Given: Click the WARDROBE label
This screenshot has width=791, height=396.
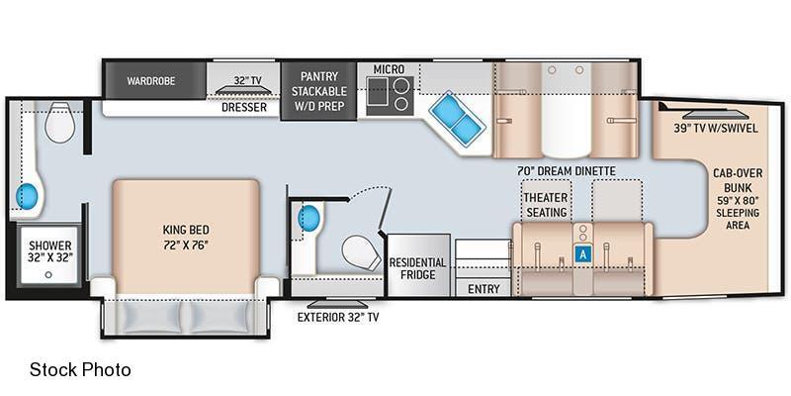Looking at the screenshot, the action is [151, 81].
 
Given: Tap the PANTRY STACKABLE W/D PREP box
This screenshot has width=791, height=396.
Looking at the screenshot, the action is [318, 91].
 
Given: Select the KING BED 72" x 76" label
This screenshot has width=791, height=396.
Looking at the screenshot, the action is [186, 237].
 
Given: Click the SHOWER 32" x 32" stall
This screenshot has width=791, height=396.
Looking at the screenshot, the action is [49, 256].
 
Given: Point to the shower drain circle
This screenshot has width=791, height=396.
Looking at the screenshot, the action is [48, 275].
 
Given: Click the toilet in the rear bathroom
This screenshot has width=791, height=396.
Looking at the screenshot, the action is [59, 122].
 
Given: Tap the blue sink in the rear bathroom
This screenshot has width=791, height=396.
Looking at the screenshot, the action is [27, 196].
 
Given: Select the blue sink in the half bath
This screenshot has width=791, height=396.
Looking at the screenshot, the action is [309, 218].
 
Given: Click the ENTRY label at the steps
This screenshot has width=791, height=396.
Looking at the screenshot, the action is [483, 289].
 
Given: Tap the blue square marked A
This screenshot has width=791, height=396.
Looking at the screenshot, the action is [583, 254].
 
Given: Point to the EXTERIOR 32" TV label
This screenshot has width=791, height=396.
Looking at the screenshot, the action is [338, 318].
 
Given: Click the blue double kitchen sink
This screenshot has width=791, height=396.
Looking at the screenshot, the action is [457, 119].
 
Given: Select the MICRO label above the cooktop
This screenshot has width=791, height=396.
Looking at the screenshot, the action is [389, 68].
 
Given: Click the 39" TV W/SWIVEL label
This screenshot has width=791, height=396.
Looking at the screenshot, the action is [715, 129].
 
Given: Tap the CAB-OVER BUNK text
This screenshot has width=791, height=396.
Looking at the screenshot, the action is [738, 180].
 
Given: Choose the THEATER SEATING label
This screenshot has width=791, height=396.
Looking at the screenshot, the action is [546, 205].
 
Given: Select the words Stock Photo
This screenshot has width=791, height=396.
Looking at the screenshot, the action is [80, 369].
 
